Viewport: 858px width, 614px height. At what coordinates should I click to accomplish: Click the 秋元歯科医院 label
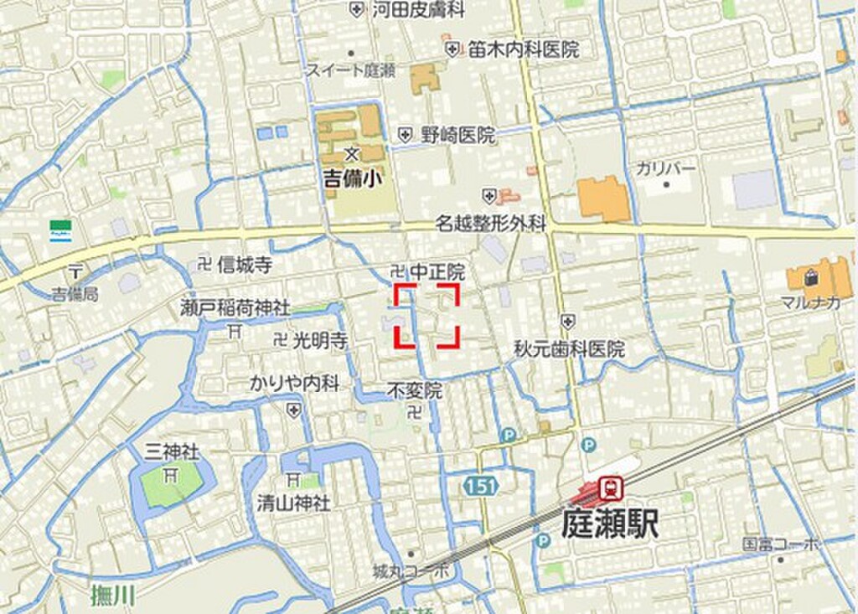(569, 348)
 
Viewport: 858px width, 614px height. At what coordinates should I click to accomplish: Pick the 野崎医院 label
(457, 135)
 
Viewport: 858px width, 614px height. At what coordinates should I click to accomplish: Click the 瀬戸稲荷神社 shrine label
(235, 308)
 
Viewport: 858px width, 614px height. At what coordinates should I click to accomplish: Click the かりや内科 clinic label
(295, 384)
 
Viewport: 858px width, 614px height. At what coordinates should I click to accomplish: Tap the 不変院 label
(415, 390)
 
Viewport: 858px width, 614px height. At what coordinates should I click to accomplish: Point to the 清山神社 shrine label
(293, 503)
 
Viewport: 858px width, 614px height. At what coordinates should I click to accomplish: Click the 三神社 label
(172, 452)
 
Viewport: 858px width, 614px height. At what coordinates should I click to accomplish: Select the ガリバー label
(665, 168)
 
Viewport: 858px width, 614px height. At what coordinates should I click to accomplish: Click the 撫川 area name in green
(112, 596)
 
